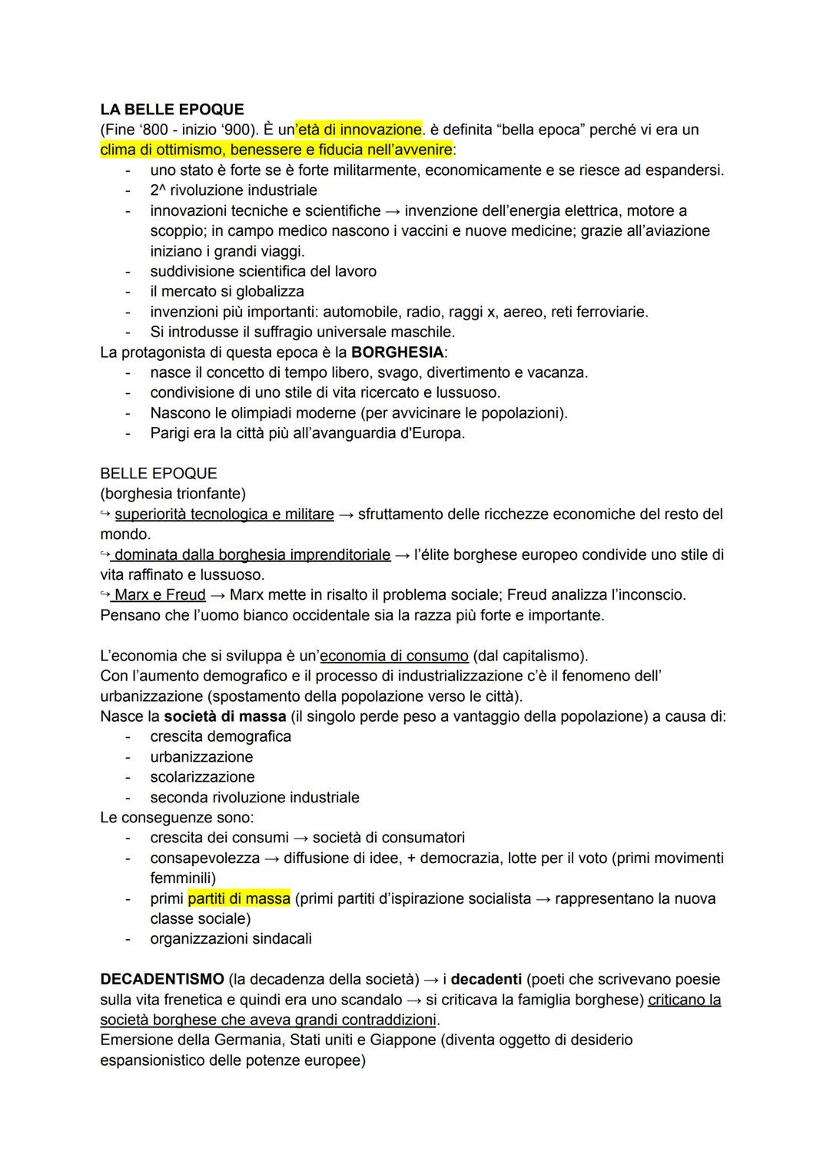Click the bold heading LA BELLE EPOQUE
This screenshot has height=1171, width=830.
pyautogui.click(x=171, y=109)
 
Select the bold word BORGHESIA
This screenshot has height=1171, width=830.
pyautogui.click(x=397, y=352)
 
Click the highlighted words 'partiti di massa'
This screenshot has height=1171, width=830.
pyautogui.click(x=239, y=898)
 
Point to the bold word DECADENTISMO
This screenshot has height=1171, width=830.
pyautogui.click(x=162, y=979)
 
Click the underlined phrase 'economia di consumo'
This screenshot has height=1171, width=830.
pyautogui.click(x=394, y=656)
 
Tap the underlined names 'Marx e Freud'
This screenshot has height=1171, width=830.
pyautogui.click(x=160, y=594)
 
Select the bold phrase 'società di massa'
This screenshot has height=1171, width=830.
pyautogui.click(x=224, y=716)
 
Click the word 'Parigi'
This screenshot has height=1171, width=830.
pyautogui.click(x=172, y=433)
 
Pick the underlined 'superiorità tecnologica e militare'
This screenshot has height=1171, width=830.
pyautogui.click(x=224, y=514)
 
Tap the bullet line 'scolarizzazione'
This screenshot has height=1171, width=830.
pyautogui.click(x=202, y=777)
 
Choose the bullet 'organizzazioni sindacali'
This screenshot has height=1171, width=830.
pyautogui.click(x=231, y=938)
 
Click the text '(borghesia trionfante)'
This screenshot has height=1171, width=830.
pyautogui.click(x=173, y=493)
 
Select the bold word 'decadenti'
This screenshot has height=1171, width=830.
pyautogui.click(x=486, y=979)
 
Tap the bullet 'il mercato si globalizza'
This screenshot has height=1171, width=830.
pyautogui.click(x=227, y=291)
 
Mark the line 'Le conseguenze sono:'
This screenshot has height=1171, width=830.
pyautogui.click(x=177, y=817)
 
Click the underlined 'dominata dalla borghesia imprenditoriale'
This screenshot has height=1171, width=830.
pyautogui.click(x=252, y=554)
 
